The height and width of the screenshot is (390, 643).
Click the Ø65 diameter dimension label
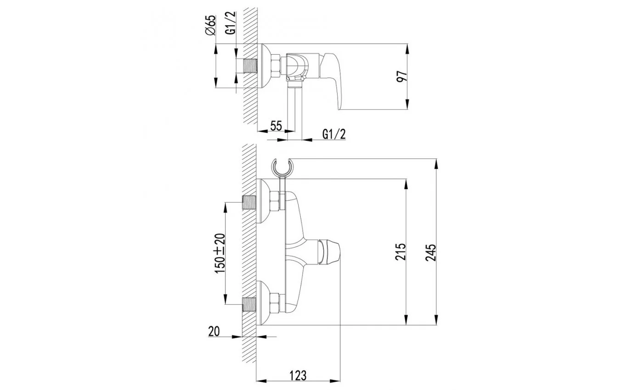point(211,25)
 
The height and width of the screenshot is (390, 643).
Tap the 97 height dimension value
point(402,76)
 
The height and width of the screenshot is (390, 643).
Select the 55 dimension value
point(276,126)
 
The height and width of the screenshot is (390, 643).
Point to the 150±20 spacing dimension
point(220,253)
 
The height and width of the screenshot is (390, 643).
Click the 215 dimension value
point(400,251)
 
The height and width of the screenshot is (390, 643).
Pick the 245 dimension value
point(431,252)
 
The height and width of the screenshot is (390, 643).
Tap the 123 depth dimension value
point(298,375)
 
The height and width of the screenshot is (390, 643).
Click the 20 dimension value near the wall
point(214,331)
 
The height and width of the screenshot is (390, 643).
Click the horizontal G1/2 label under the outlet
point(334,134)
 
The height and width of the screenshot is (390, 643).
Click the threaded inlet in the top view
point(250,67)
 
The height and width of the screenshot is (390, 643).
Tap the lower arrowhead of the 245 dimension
point(436,319)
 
